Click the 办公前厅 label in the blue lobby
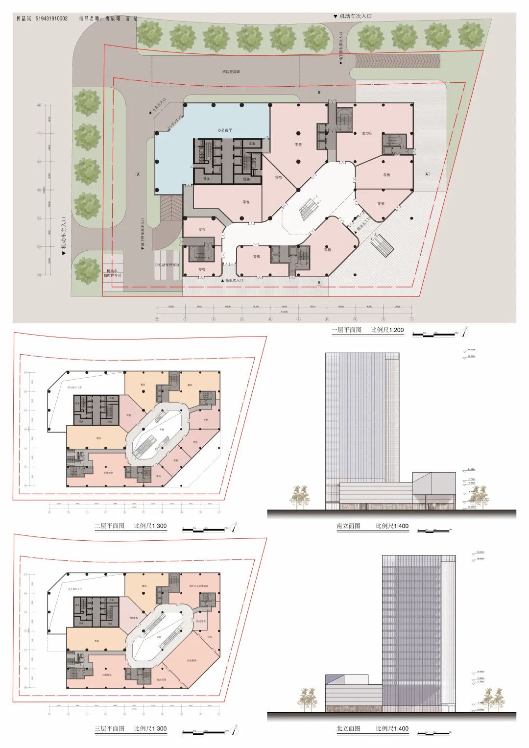(x=225, y=130)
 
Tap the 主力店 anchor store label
(x=367, y=133)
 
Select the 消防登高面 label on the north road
(x=231, y=72)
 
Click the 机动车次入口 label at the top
(x=356, y=16)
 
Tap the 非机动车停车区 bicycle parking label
(x=168, y=265)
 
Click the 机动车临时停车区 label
(x=112, y=273)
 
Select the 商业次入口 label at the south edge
(x=234, y=280)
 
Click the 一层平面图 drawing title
(x=347, y=330)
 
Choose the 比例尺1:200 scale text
(x=387, y=330)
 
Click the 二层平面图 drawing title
(x=110, y=526)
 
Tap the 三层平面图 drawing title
(x=110, y=728)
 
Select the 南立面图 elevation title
(x=348, y=526)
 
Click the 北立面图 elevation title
(x=348, y=728)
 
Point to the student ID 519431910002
(x=51, y=19)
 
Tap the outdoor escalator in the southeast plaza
(x=382, y=243)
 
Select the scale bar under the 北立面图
(x=433, y=733)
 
